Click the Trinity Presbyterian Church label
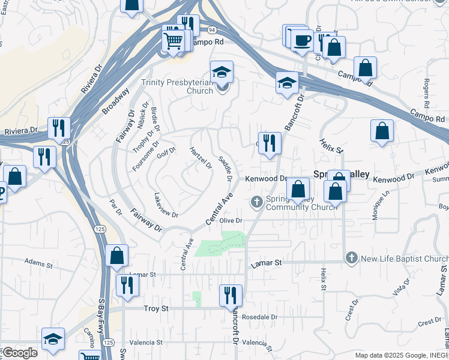pyautogui.click(x=177, y=86)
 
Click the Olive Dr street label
pyautogui.click(x=231, y=221)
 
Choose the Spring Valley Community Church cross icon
pyautogui.click(x=257, y=200)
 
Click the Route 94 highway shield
pyautogui.click(x=211, y=29)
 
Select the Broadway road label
pyautogui.click(x=115, y=101)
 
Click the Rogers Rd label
pyautogui.click(x=427, y=89)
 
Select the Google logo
pyautogui.click(x=19, y=353)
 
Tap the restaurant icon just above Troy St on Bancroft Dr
pyautogui.click(x=231, y=295)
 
